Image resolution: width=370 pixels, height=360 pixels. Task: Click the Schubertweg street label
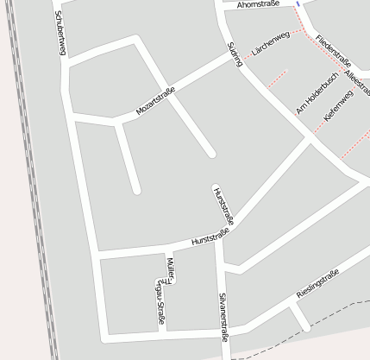(60, 34)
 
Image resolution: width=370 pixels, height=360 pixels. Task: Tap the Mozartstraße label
(156, 102)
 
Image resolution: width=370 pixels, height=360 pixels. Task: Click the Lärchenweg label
(269, 48)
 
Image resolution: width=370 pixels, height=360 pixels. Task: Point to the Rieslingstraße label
(317, 284)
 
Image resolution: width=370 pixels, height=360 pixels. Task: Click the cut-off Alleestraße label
(358, 84)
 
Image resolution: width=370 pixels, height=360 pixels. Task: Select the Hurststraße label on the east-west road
(210, 237)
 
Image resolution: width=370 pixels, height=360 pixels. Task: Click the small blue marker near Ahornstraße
(298, 3)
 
